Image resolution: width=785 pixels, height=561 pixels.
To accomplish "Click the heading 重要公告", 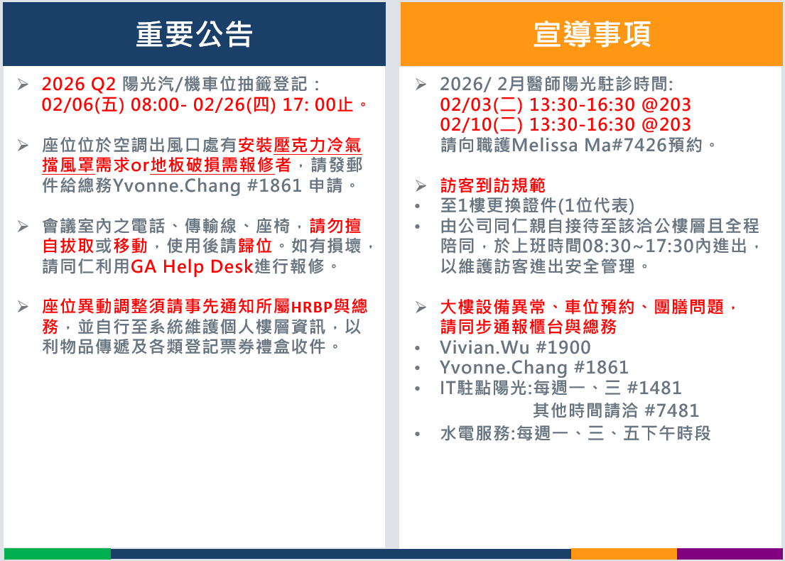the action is tap(194, 35).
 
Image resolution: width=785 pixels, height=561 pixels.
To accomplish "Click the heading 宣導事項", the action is tap(592, 35).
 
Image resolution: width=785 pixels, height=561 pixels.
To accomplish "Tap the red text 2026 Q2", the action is tap(79, 84).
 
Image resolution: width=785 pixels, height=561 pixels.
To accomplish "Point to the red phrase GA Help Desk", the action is tap(192, 266).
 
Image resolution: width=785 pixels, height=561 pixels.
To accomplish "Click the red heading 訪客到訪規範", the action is tap(492, 185).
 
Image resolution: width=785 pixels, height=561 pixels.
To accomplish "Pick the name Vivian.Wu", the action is tap(484, 347).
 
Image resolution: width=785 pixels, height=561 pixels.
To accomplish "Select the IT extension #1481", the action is tap(654, 388).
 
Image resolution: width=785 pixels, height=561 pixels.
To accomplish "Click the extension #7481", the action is tap(671, 410).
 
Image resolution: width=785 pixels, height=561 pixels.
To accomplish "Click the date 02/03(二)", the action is tap(481, 104).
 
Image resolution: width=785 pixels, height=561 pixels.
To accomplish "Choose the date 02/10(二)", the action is tap(481, 124).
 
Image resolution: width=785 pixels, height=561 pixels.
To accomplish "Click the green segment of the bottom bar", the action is tap(57, 554).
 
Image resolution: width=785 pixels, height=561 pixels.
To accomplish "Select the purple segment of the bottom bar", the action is tap(730, 554).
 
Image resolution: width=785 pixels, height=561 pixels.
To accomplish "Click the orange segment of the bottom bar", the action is tap(624, 554).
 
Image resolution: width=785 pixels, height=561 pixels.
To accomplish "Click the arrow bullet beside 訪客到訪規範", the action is tap(421, 185).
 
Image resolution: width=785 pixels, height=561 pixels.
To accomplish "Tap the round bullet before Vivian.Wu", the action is tap(418, 348).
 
